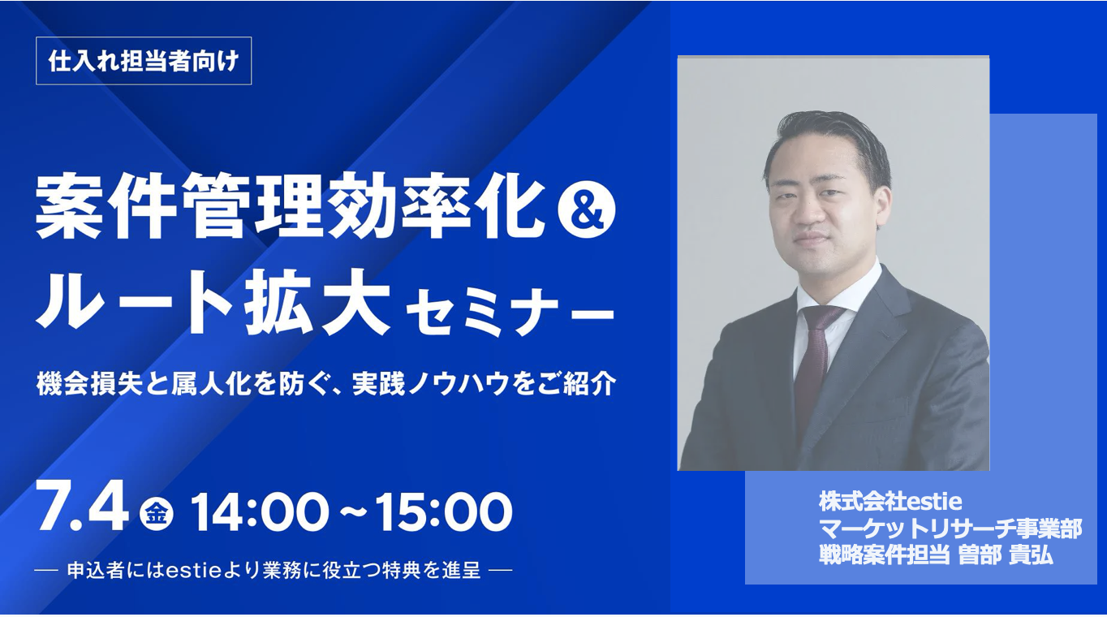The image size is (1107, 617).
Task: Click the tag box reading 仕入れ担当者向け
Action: tap(144, 61)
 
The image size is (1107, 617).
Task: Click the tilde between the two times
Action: tap(352, 511)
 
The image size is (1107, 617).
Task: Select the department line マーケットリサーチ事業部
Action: tap(950, 529)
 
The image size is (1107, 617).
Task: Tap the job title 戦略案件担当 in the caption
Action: tap(884, 555)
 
